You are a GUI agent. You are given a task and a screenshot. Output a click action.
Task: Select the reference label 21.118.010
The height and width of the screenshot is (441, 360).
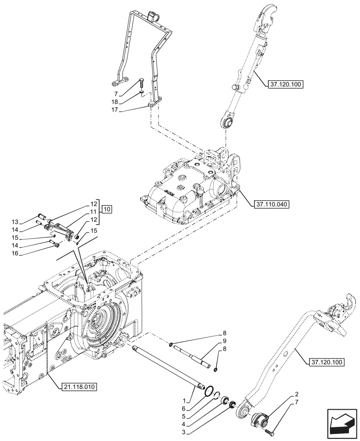click(x=77, y=386)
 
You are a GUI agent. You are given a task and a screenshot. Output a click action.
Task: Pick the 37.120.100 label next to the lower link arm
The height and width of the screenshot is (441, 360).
click(x=324, y=362)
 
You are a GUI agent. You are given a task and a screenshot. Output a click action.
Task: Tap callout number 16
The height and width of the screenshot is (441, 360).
click(x=27, y=254)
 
